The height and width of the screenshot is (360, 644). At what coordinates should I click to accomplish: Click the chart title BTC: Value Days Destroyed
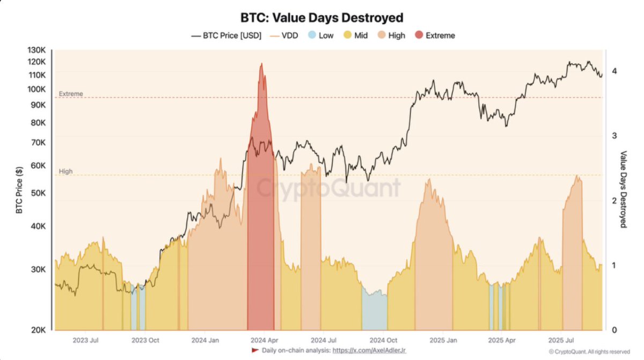point(321,18)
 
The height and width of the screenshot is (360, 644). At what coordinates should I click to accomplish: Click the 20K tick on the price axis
point(38,330)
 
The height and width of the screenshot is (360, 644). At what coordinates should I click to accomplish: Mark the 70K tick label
point(38,142)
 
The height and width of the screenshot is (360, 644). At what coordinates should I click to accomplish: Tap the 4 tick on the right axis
point(613,70)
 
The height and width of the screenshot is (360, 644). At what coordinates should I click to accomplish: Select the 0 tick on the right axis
point(613,330)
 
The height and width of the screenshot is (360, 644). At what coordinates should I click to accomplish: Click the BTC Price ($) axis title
point(19,189)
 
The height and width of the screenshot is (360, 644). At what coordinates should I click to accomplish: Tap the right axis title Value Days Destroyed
point(624,189)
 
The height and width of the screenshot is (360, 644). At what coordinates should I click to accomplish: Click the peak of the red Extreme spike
point(261,64)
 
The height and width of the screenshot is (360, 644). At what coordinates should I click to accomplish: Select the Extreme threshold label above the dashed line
point(71,94)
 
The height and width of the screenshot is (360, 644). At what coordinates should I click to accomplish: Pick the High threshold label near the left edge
point(65,172)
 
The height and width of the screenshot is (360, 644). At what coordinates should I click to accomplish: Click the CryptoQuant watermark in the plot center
point(327,188)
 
